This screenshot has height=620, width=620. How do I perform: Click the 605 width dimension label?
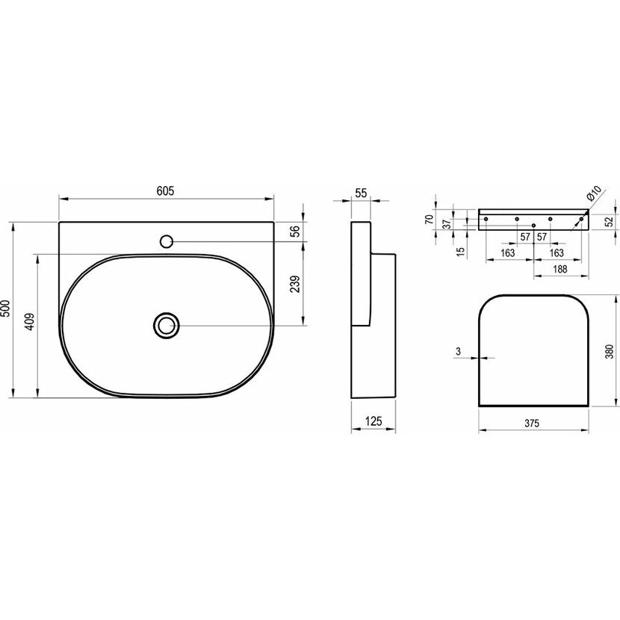tap(165, 191)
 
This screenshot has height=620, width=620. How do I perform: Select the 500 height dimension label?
tap(6, 308)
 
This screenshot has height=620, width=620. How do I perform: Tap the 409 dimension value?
tap(31, 322)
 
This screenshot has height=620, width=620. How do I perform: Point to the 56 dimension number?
tap(295, 230)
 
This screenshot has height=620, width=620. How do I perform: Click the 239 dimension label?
tap(295, 284)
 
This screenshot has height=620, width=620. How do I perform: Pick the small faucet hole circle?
tap(167, 241)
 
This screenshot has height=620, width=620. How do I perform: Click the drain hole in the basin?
tap(167, 326)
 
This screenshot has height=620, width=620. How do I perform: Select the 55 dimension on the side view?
tap(361, 193)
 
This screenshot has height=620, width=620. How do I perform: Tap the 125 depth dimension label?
tap(373, 421)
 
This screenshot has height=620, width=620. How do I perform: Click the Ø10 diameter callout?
tap(593, 193)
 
